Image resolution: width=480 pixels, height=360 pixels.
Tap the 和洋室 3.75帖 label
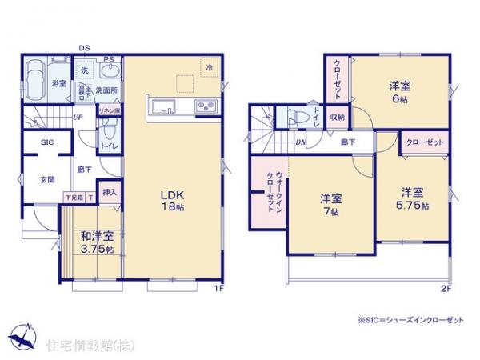[96, 242]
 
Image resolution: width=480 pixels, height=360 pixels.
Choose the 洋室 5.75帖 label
[414, 198]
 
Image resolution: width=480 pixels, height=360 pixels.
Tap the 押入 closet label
[110, 193]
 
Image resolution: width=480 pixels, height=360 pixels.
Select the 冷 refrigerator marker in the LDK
[208, 68]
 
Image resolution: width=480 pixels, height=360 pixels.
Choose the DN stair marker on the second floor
[299, 142]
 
